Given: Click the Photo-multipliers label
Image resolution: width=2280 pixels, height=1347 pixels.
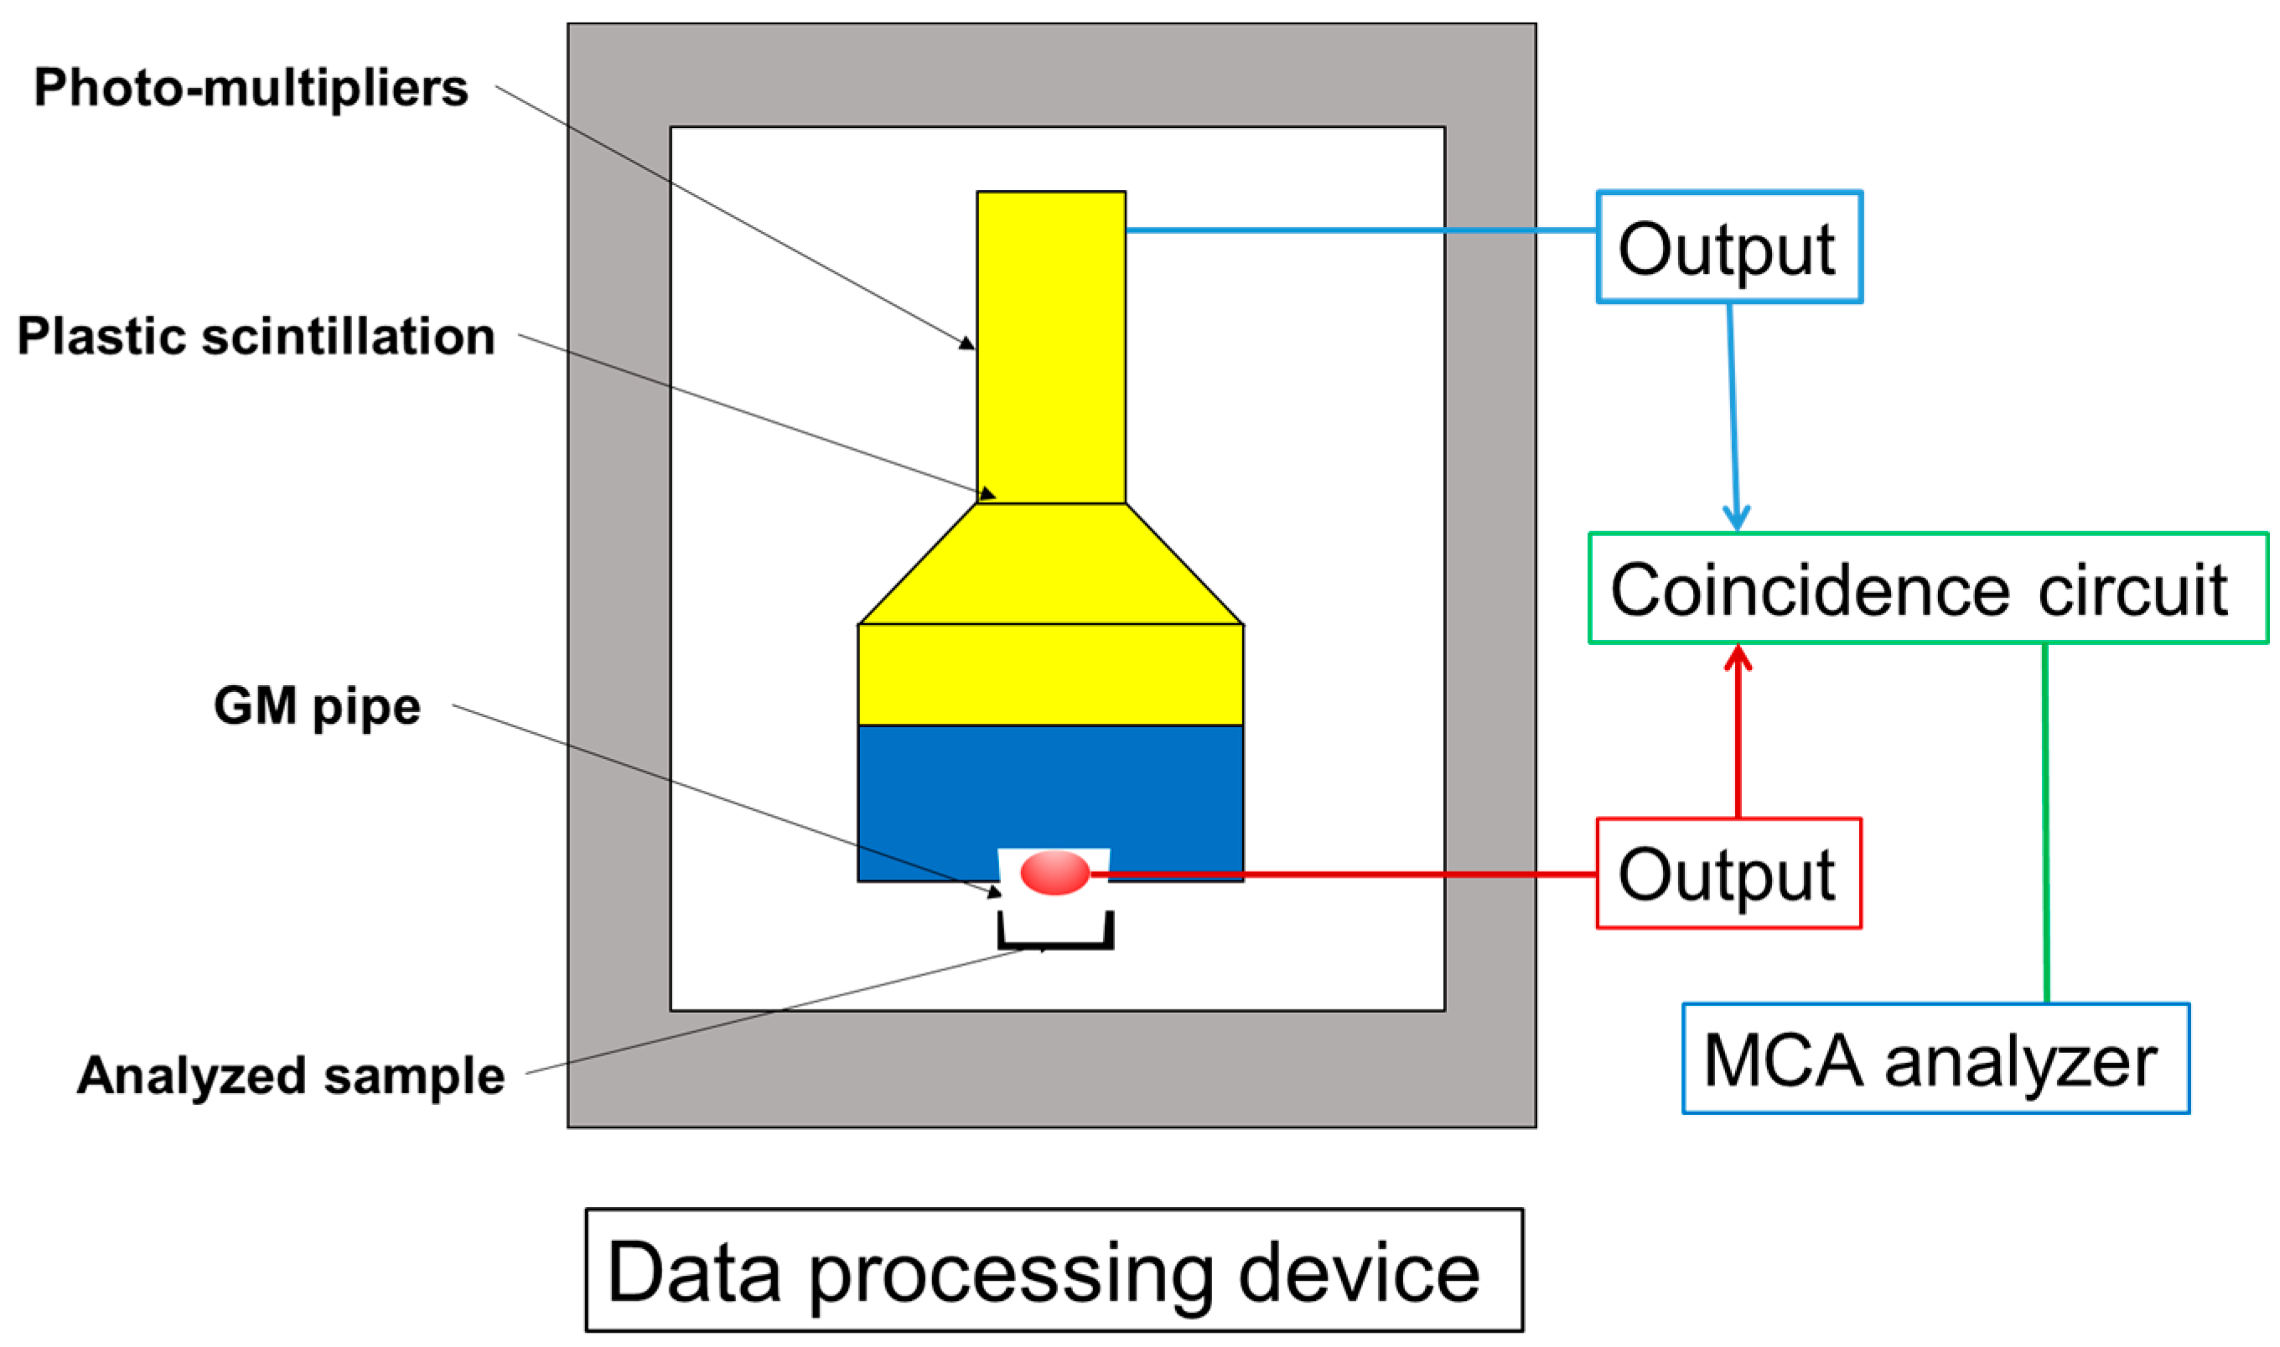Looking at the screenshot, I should (251, 88).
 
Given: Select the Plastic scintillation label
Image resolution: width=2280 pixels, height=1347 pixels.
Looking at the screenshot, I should (256, 336).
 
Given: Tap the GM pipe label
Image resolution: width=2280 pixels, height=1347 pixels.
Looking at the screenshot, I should (317, 705).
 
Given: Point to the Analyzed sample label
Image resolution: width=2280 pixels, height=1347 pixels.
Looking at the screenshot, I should (291, 1076).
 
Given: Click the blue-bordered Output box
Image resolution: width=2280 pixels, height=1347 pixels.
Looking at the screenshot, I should (1728, 247).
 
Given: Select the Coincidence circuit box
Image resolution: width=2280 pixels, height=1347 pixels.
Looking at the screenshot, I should (1927, 589).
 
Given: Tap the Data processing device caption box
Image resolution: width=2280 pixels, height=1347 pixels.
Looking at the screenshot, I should (1054, 1272).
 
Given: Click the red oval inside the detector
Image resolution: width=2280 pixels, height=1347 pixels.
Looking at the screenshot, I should (1054, 873).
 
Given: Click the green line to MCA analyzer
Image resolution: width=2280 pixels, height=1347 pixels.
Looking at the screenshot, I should (2046, 817).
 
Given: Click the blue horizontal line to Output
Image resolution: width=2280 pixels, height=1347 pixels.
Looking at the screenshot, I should (1362, 230).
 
